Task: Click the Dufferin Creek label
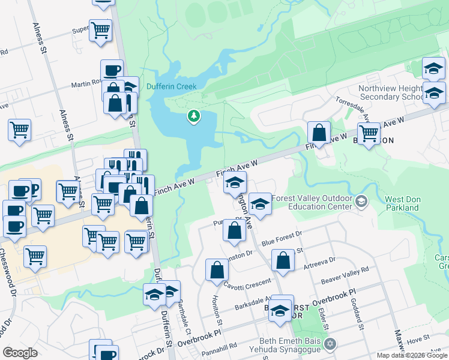[x=172, y=86]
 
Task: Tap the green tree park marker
[x=193, y=115]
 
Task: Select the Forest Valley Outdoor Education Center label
[x=311, y=202]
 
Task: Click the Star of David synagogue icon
[x=329, y=344]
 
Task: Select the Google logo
[x=20, y=353]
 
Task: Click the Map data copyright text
[x=411, y=355]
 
